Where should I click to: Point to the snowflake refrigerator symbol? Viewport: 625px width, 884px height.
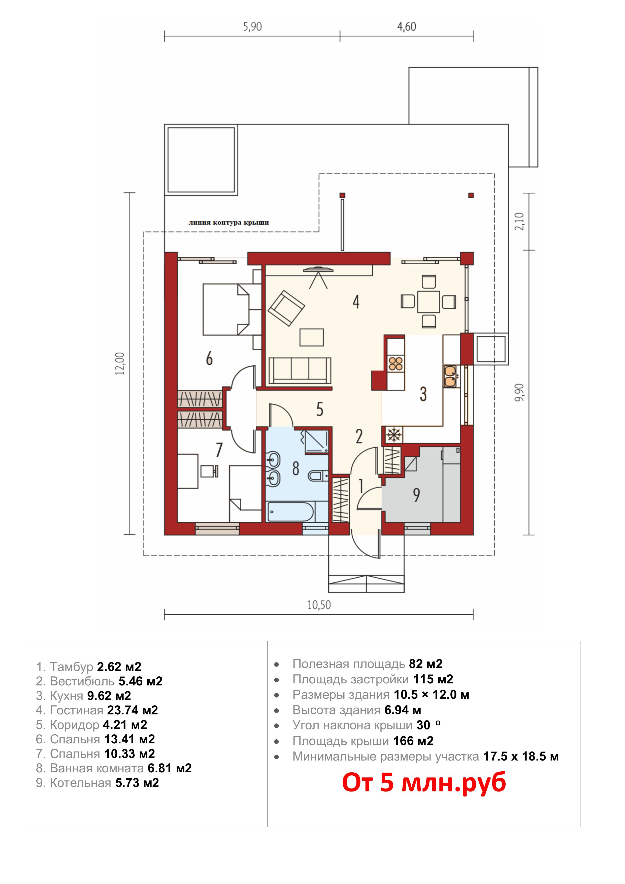(393, 435)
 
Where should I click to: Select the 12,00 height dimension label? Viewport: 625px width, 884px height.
(120, 363)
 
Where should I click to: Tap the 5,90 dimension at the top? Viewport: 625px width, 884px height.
(252, 27)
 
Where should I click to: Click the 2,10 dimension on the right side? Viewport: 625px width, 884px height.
(519, 222)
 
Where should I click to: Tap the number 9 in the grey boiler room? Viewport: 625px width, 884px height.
(416, 495)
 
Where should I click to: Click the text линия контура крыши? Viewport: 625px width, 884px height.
(228, 223)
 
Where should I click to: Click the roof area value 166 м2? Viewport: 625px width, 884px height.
(413, 741)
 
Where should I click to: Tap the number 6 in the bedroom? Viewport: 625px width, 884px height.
(209, 358)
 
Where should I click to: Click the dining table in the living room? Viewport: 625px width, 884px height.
(428, 302)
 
